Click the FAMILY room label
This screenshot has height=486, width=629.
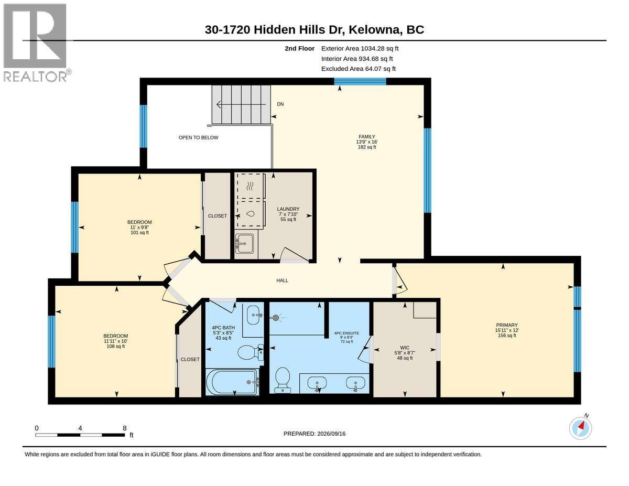367,137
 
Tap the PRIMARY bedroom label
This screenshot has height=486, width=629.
506,325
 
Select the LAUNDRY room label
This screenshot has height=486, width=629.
288,209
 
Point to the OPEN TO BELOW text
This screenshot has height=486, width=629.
198,137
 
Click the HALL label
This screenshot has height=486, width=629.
282,280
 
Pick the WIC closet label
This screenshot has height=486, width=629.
405,348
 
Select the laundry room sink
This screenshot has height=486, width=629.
244,243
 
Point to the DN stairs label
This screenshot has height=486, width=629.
280,104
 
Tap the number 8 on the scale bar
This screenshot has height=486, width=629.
124,428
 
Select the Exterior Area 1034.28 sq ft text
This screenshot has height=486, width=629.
360,49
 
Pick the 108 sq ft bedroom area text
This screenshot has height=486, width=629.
115,347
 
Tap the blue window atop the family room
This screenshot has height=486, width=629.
360,81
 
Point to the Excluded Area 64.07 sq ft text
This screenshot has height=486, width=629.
359,69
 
